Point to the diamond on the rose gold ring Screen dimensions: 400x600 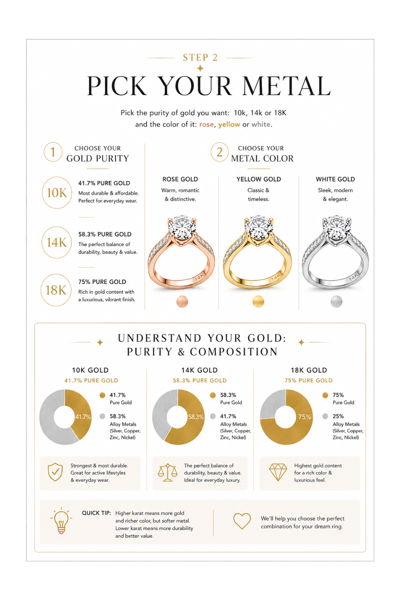(x=182, y=228)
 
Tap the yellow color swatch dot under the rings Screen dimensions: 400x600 (x=258, y=302)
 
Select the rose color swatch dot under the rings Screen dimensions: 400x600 (x=182, y=302)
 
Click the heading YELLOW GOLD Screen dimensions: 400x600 (x=259, y=179)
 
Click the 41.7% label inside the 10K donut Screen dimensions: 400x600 (x=83, y=417)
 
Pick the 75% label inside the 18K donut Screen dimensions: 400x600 (x=305, y=417)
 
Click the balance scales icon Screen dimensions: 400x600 (x=168, y=472)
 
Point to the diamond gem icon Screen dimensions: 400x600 (x=278, y=472)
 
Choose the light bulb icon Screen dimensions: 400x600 (x=61, y=520)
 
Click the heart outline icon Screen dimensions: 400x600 (x=242, y=521)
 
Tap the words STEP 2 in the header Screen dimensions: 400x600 (x=200, y=57)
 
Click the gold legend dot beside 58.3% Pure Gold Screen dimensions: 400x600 (x=213, y=395)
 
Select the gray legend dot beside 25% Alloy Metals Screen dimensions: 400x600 (x=325, y=416)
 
